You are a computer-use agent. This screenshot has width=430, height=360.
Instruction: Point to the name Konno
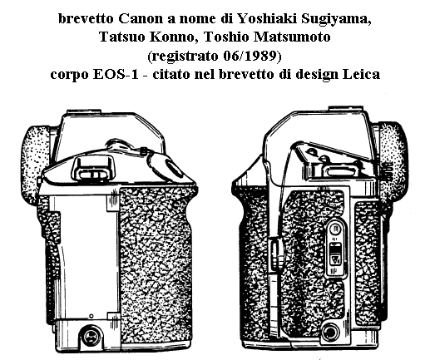174,37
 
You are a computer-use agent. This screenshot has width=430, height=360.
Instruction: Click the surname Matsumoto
292,37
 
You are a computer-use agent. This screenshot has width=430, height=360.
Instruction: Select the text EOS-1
116,74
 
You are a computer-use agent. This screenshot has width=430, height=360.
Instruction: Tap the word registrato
183,57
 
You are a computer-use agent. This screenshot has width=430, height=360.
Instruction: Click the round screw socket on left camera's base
91,337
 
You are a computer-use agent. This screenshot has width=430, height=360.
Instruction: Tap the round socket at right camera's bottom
330,332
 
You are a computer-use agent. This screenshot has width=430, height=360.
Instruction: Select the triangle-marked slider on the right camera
336,254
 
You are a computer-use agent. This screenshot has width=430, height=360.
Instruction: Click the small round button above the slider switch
336,229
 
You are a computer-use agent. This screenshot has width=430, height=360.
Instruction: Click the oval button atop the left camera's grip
172,168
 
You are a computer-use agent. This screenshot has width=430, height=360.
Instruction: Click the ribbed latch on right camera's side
274,253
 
